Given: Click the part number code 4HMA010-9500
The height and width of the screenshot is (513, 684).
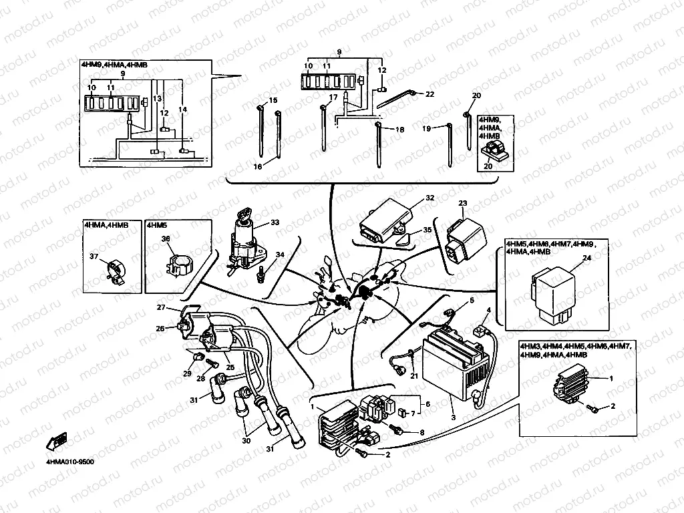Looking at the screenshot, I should [69, 462].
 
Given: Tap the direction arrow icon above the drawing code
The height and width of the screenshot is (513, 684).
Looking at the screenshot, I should [56, 442].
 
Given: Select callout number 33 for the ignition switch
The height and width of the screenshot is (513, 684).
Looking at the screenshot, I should [275, 222].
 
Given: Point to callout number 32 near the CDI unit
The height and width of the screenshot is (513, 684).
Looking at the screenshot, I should [430, 198].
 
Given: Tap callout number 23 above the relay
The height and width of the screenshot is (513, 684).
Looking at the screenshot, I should [462, 203].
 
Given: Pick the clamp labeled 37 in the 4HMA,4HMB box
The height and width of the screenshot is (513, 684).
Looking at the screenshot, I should [115, 271].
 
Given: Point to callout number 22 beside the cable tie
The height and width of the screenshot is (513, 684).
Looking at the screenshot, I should [430, 94].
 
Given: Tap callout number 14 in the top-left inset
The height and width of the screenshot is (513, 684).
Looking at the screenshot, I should [182, 109].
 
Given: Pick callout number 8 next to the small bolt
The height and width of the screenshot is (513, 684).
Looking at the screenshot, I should [422, 432].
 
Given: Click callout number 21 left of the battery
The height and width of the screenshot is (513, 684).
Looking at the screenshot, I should [413, 377].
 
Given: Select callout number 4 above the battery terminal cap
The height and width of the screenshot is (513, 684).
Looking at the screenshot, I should [488, 310].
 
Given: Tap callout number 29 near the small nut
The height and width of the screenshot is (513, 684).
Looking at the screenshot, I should [186, 373].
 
